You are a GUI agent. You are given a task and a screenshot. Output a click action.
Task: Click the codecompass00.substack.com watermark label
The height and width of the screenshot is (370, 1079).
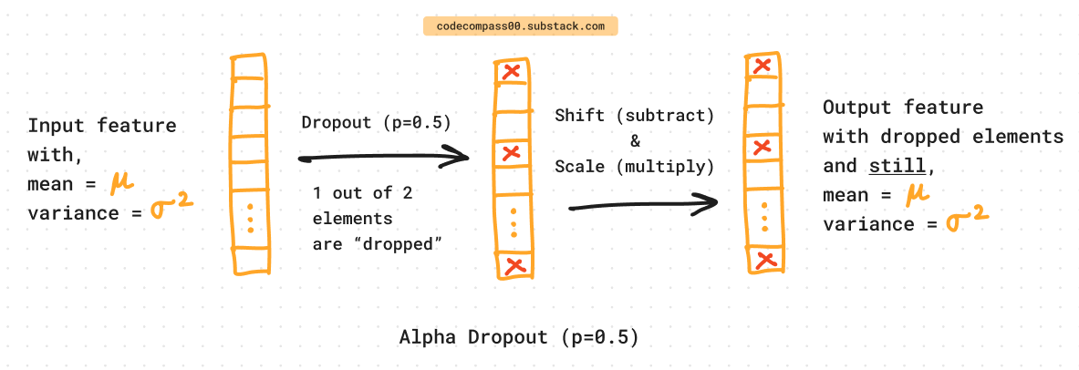pyautogui.click(x=520, y=26)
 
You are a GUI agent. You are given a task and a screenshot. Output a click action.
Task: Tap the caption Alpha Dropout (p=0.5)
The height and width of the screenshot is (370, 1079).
pyautogui.click(x=519, y=337)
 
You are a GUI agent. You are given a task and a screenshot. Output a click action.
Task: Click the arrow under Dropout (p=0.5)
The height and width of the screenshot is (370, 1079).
pyautogui.click(x=384, y=159)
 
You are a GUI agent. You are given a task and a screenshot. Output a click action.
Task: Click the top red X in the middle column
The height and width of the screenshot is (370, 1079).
pyautogui.click(x=514, y=71)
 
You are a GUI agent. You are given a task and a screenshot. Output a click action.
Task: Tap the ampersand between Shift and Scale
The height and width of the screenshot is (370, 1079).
pyautogui.click(x=636, y=141)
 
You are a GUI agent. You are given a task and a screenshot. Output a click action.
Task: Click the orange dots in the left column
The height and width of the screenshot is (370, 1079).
pyautogui.click(x=249, y=218)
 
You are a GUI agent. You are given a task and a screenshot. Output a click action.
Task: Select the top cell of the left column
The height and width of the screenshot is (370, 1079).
pyautogui.click(x=248, y=69)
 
